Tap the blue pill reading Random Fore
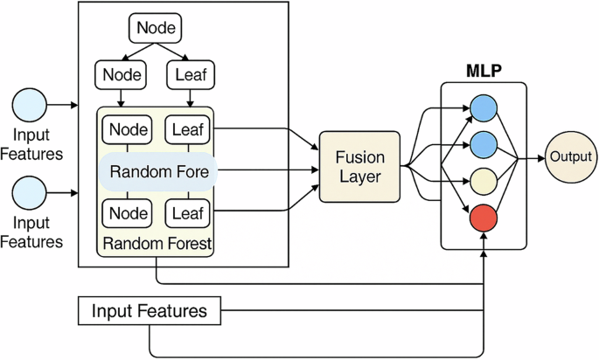pos(158,172)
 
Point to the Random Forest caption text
pos(157,244)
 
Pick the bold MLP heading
pos(483,69)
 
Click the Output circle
pos(571,158)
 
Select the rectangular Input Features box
pos(150,311)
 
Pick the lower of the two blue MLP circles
pos(484,143)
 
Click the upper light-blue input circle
pos(30,105)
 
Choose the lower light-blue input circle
pos(30,190)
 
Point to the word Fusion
pos(359,155)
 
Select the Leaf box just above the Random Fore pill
pos(189,130)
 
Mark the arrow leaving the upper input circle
pos(63,105)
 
